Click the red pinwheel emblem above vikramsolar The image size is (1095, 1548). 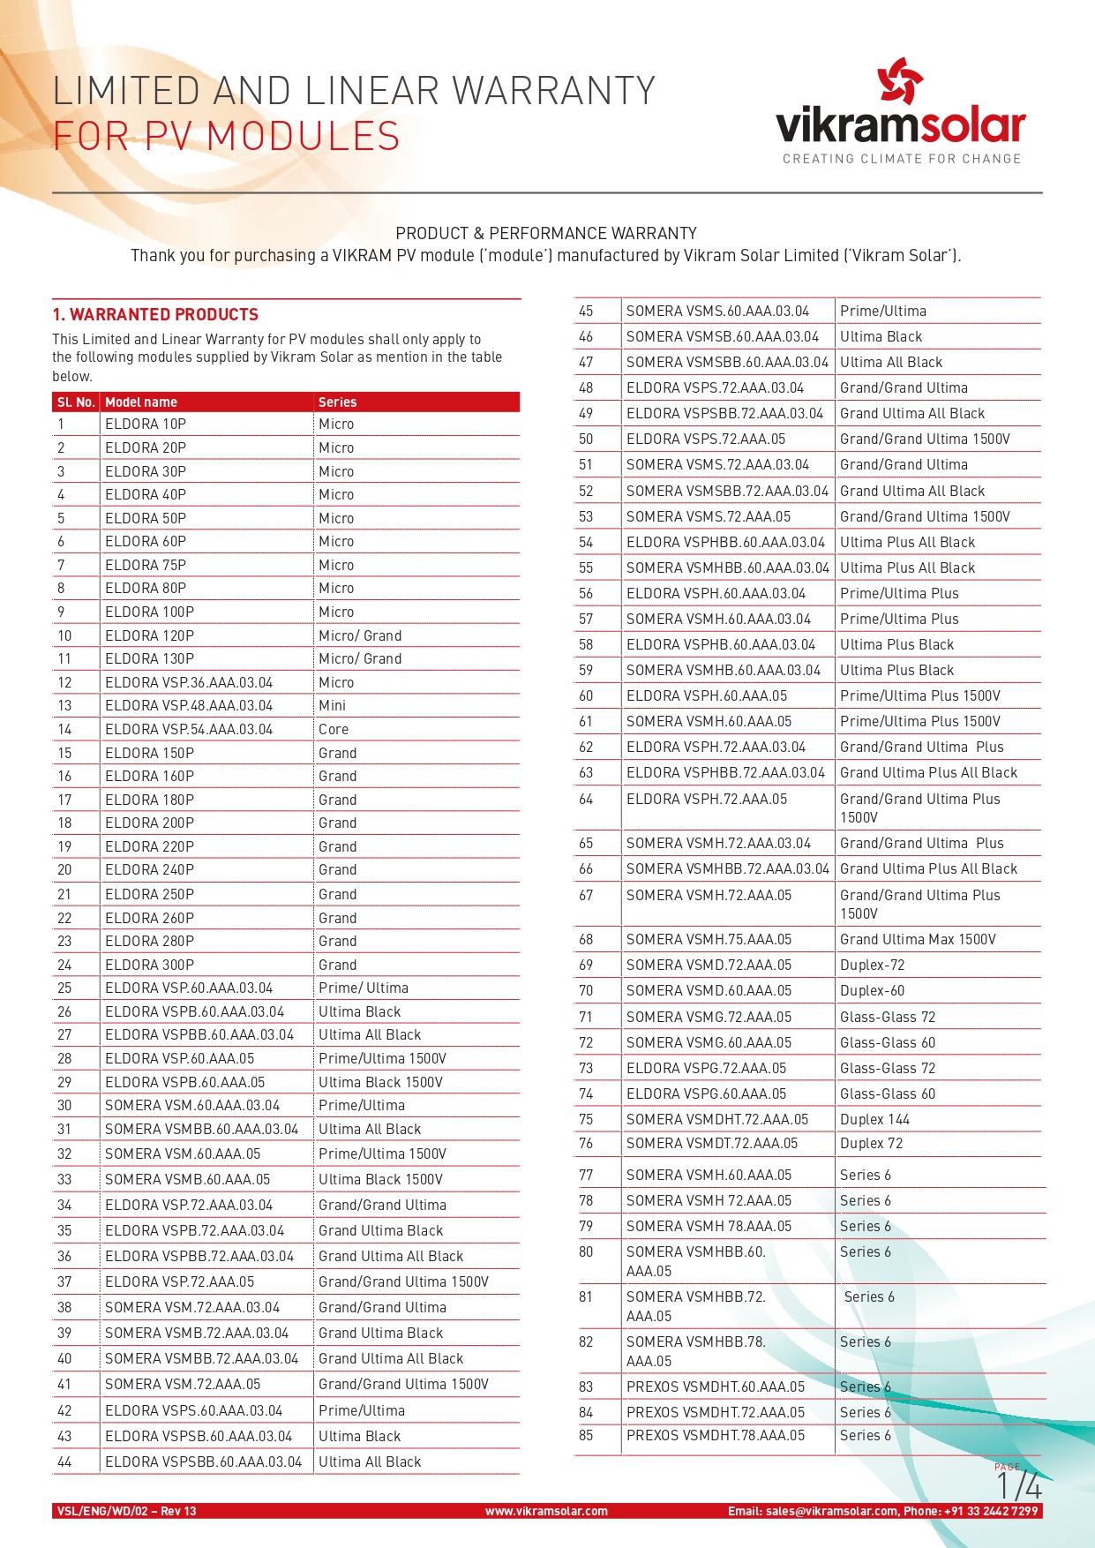(x=900, y=81)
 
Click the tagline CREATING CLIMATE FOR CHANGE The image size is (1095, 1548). (x=901, y=159)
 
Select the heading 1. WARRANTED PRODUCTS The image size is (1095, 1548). (x=155, y=315)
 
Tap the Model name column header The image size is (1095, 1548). (x=141, y=402)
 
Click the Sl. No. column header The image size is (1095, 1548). (x=76, y=402)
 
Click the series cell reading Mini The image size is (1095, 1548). (x=333, y=705)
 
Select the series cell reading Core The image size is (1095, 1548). (x=334, y=729)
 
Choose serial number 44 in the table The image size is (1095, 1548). (x=64, y=1462)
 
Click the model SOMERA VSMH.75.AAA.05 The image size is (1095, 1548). (x=709, y=939)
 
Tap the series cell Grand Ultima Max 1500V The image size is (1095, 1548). (x=918, y=939)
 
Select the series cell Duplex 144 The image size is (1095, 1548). (x=874, y=1119)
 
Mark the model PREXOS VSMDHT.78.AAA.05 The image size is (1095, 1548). (x=716, y=1435)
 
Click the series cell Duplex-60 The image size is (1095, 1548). (x=872, y=990)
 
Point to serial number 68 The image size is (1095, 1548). (x=586, y=939)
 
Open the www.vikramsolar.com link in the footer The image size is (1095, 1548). (x=546, y=1511)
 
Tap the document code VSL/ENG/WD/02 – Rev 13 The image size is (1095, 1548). (x=127, y=1511)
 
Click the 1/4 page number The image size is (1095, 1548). (x=1019, y=1486)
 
